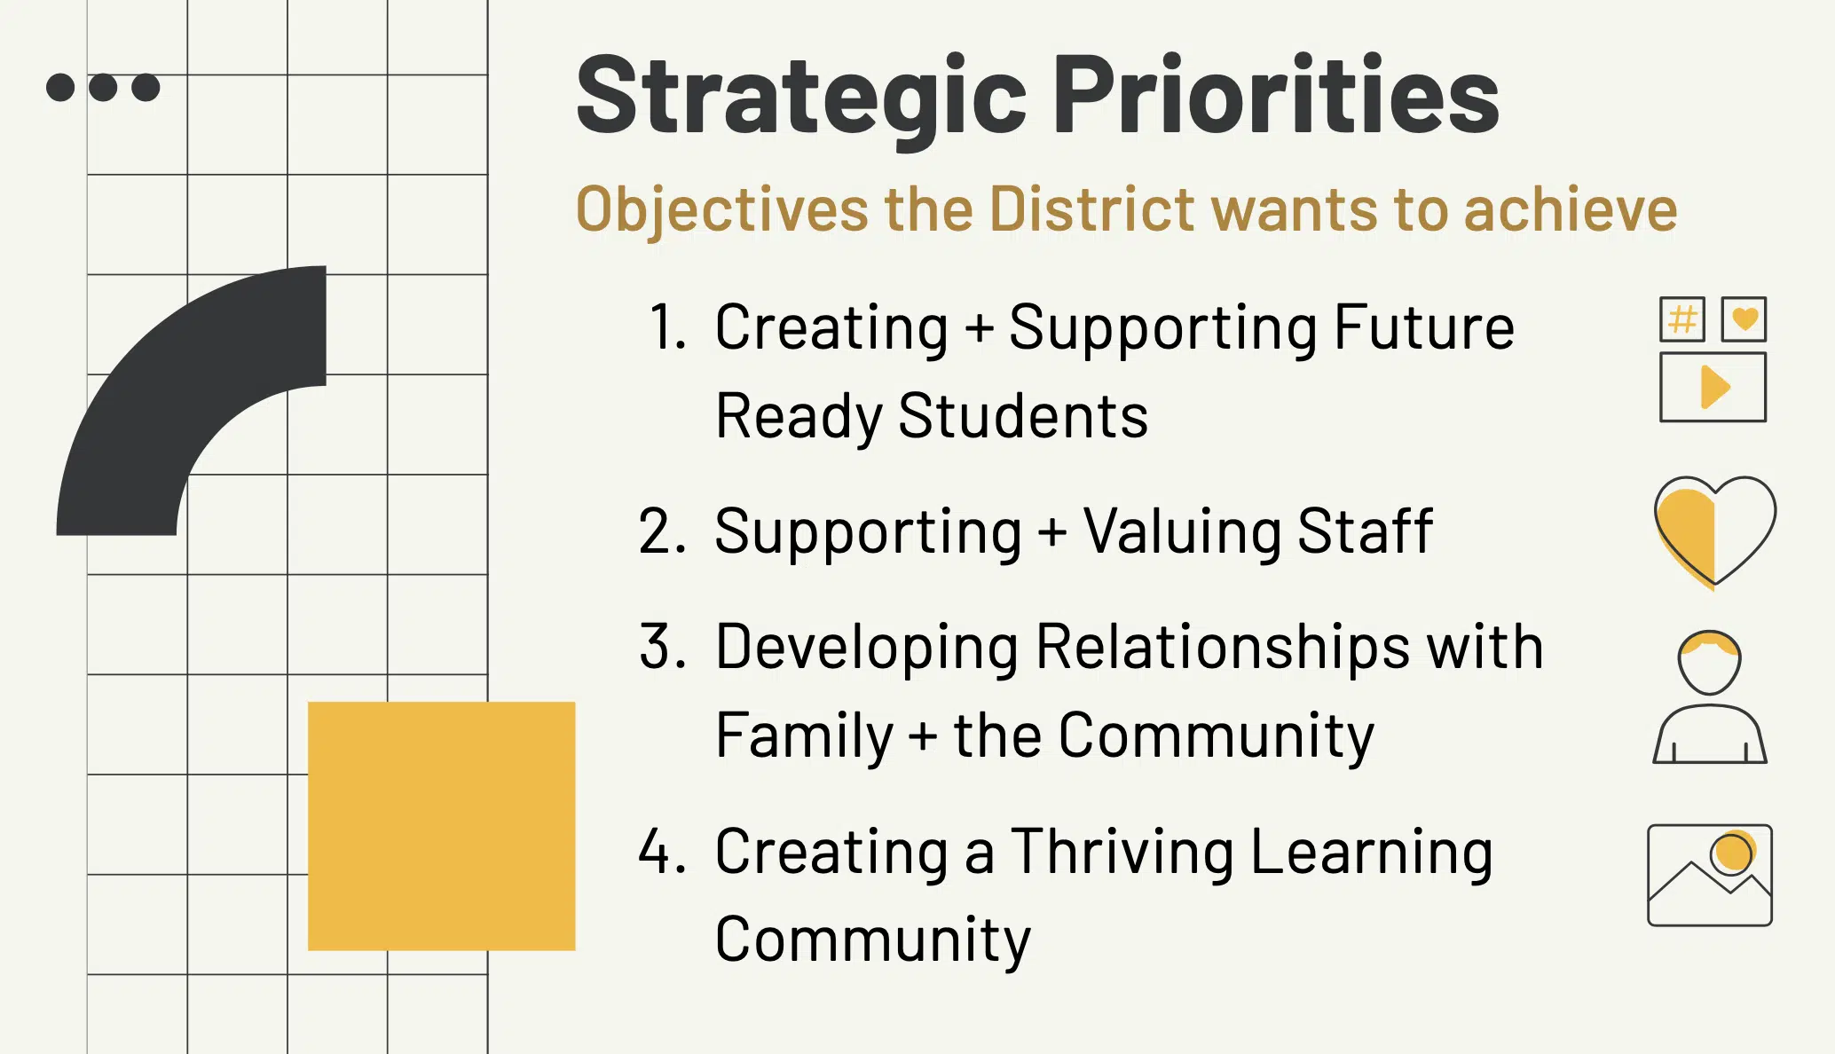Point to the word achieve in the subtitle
tap(1570, 209)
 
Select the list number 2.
tap(662, 531)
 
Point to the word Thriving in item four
tap(1122, 852)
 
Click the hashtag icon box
tap(1682, 319)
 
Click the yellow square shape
tap(441, 826)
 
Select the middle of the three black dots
tap(103, 87)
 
